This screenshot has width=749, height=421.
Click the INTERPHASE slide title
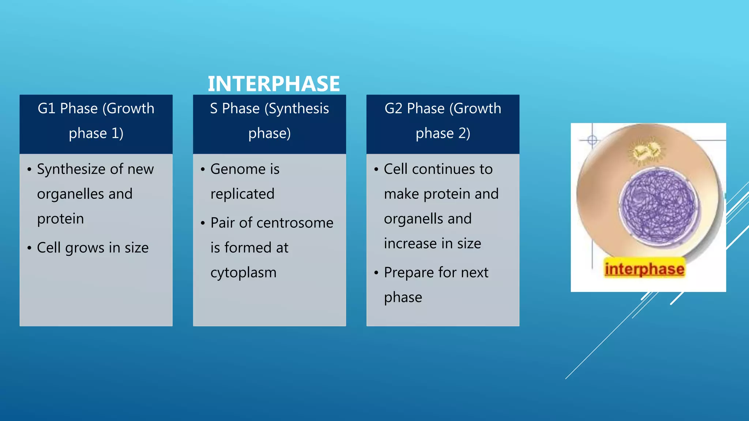click(274, 84)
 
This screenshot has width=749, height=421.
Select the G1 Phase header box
click(96, 124)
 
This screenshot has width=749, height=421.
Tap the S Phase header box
click(270, 124)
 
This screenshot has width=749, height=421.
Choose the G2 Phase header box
click(443, 124)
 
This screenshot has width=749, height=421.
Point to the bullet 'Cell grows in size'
click(93, 248)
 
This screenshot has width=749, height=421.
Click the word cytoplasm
click(244, 273)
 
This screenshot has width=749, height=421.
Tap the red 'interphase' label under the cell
click(644, 269)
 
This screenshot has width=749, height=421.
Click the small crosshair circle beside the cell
click(592, 140)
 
